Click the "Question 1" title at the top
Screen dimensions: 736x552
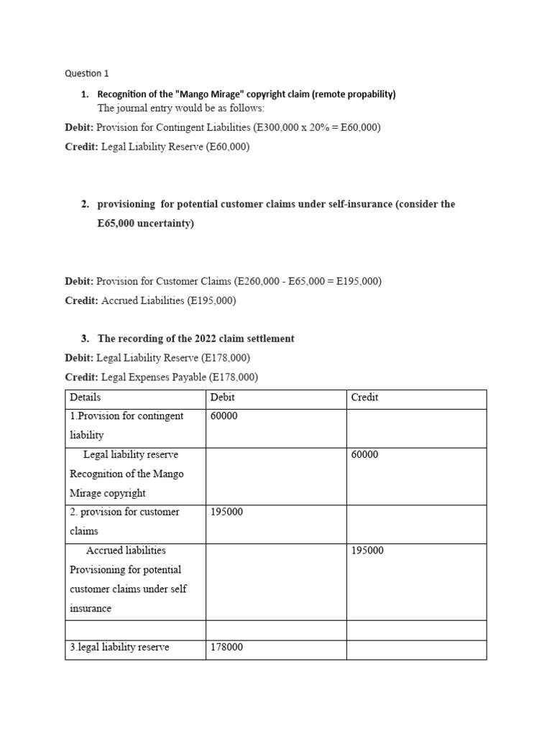tap(86, 73)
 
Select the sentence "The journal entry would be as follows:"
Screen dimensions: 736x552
tap(181, 109)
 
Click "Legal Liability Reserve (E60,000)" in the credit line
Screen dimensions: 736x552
tap(175, 147)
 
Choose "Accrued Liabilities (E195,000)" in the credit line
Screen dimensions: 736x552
tap(168, 300)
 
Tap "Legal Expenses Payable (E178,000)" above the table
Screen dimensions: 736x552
tap(180, 377)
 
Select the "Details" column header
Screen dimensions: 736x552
tap(85, 397)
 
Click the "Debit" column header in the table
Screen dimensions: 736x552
tap(222, 397)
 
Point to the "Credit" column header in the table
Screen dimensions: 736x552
tap(364, 397)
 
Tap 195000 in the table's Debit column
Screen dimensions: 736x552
tap(226, 512)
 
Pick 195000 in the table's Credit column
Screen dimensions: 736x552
tap(367, 551)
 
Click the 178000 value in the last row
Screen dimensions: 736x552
tap(226, 647)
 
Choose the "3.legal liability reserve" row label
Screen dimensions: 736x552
tap(119, 647)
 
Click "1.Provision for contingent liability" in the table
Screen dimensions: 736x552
tap(126, 425)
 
